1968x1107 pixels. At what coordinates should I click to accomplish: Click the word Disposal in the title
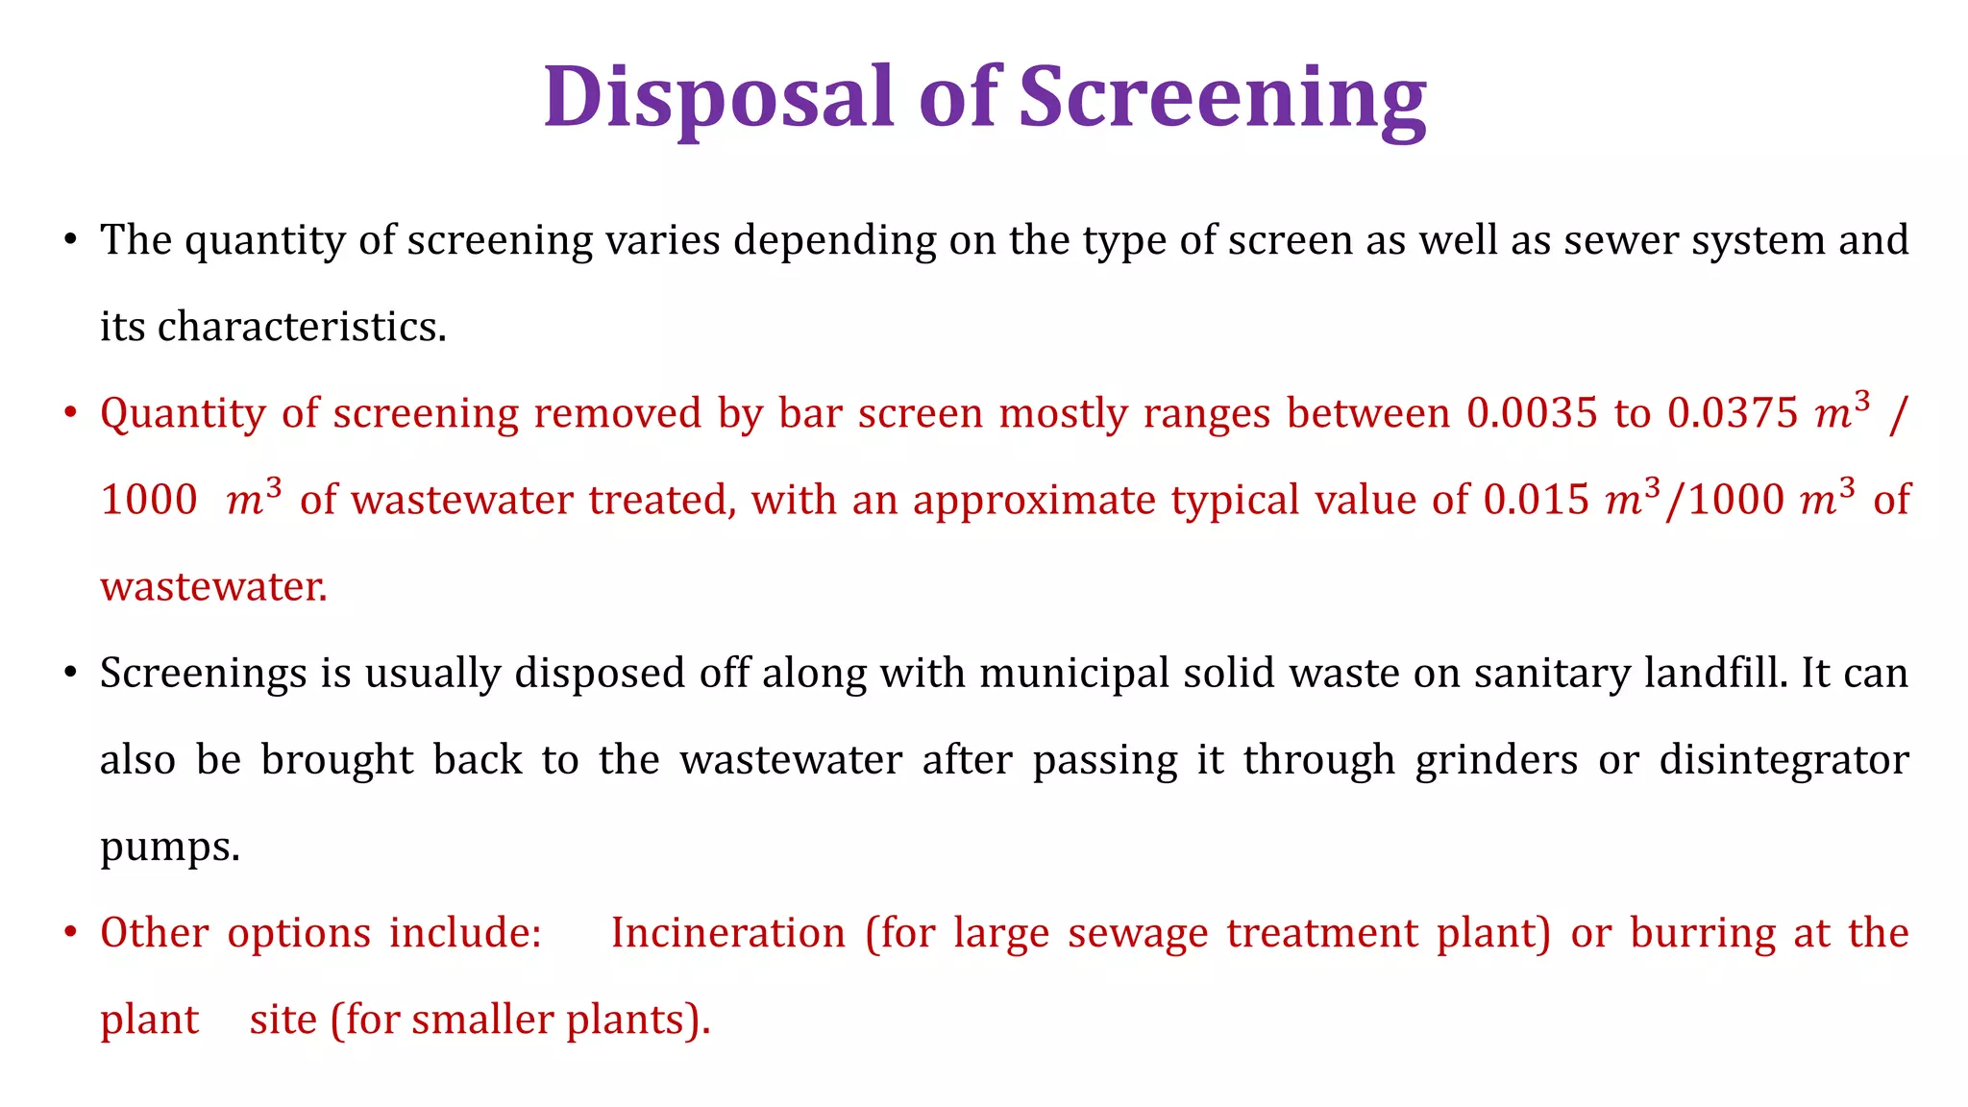(719, 97)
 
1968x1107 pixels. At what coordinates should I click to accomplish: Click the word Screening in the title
(1221, 97)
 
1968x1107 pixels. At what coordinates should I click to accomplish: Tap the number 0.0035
(1532, 413)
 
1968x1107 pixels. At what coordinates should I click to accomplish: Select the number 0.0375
(1732, 413)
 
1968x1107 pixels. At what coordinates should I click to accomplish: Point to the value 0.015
(1536, 500)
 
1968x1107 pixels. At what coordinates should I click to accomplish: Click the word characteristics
(301, 327)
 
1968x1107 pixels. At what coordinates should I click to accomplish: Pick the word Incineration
(727, 933)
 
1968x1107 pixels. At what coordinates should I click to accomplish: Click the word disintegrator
(1783, 760)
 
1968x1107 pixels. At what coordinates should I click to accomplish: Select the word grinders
(1496, 760)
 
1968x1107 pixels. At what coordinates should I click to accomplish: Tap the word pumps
(168, 847)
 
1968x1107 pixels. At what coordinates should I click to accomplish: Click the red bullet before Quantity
(70, 414)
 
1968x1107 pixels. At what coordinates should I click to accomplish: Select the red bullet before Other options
(70, 934)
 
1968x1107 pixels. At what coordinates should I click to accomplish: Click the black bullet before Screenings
(70, 674)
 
